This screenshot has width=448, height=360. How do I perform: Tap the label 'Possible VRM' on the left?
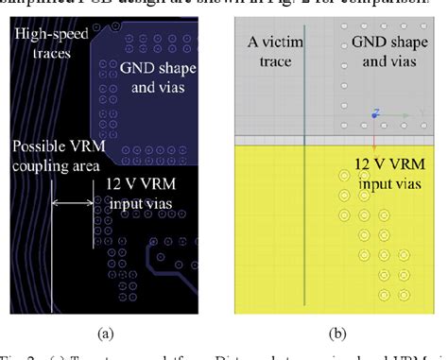click(53, 147)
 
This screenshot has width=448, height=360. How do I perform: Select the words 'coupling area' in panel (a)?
click(53, 166)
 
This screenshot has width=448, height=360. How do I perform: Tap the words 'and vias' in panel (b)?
click(387, 60)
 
